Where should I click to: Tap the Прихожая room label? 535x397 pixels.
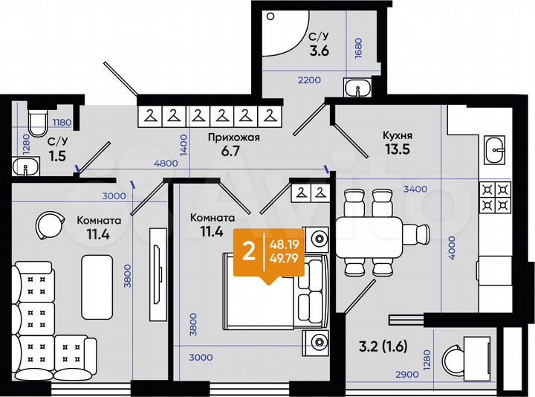(x=233, y=138)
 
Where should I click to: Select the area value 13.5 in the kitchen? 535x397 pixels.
(x=397, y=149)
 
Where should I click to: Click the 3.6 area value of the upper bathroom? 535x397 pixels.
(x=319, y=51)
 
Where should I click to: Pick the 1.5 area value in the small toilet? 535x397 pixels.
(x=56, y=155)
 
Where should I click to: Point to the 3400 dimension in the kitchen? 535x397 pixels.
(x=414, y=189)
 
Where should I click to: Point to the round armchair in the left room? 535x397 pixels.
(x=48, y=224)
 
